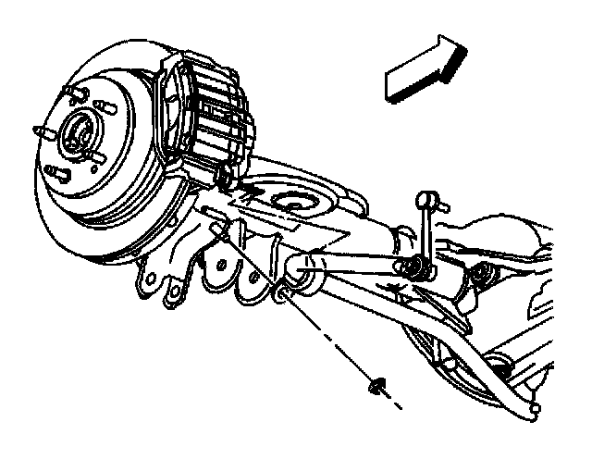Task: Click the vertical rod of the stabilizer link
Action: click(424, 231)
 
